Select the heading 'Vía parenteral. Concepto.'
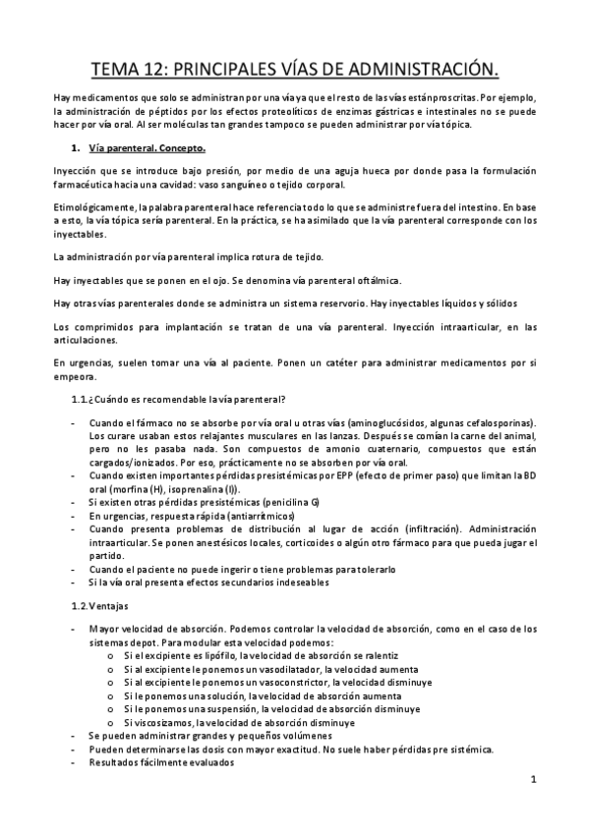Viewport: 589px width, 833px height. coord(147,148)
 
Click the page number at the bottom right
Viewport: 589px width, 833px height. coord(531,781)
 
